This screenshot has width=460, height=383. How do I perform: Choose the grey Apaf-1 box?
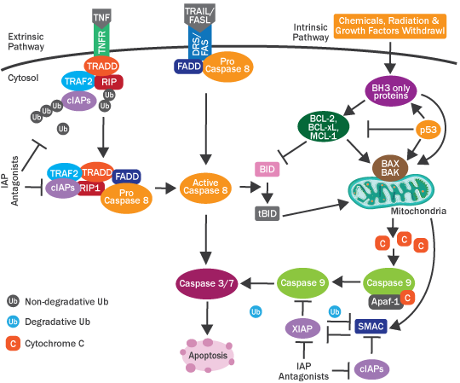pyautogui.click(x=382, y=299)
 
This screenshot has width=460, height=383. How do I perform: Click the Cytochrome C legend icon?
pyautogui.click(x=13, y=345)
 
